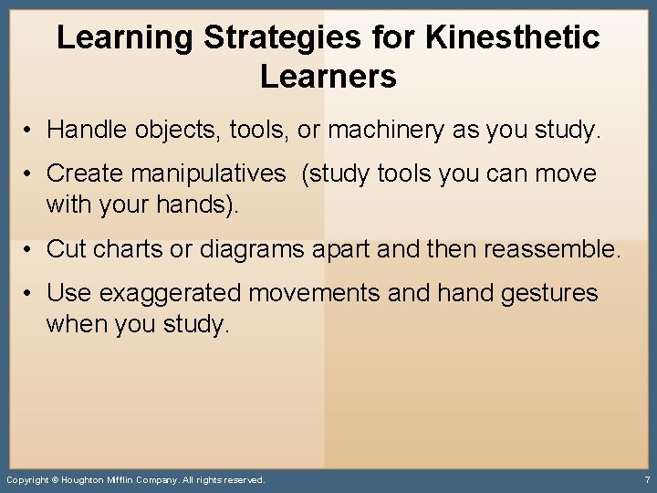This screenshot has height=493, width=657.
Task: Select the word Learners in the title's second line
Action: [x=328, y=77]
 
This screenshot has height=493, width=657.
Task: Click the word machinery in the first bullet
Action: [x=385, y=131]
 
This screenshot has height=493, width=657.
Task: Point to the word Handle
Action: [x=88, y=131]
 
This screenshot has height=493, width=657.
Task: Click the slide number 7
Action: [x=646, y=479]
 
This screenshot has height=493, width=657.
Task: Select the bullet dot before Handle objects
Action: [x=30, y=131]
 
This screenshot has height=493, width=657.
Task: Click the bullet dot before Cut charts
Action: [x=30, y=248]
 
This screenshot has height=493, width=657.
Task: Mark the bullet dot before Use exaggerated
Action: [x=30, y=294]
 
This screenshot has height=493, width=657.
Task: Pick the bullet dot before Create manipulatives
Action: [x=30, y=173]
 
